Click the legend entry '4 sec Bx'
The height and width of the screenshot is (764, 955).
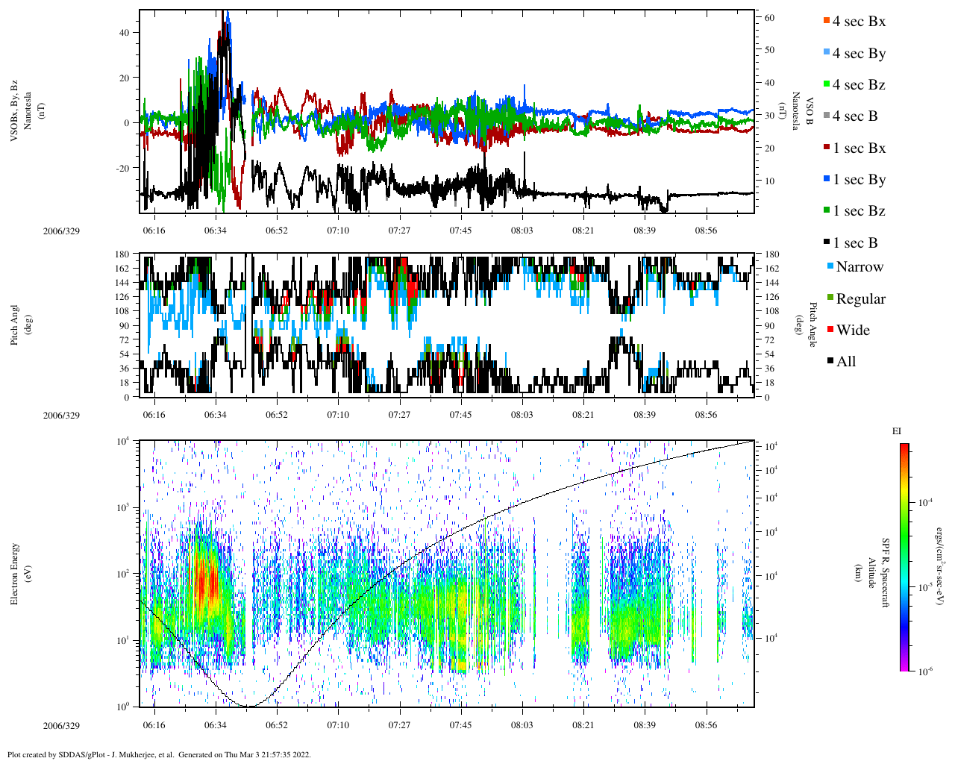pos(858,22)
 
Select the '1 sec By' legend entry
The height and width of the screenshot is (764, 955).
pos(858,180)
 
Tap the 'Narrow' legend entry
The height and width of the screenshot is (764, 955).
pos(859,267)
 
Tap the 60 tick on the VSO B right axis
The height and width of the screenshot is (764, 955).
pos(769,18)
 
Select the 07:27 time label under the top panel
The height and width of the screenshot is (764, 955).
pos(399,231)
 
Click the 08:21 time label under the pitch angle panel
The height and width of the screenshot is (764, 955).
pos(583,415)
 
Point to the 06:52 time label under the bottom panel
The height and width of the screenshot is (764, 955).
pos(276,725)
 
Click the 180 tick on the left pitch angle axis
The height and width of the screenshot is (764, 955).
pos(122,254)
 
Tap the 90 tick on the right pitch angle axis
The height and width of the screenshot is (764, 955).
pos(768,326)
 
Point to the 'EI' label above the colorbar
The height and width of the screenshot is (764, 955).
pos(897,431)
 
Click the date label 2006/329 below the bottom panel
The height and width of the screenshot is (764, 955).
pos(61,725)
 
